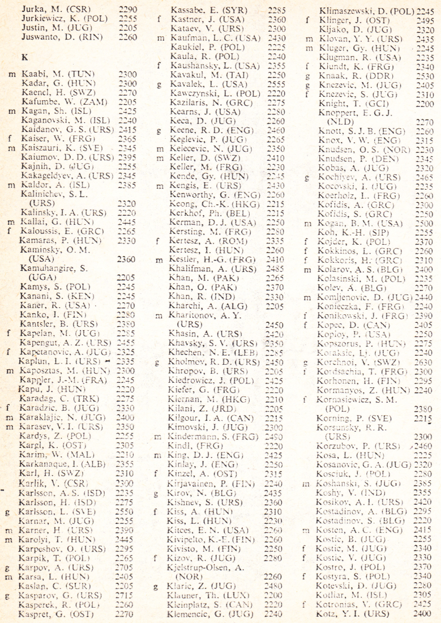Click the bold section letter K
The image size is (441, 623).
[24, 57]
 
